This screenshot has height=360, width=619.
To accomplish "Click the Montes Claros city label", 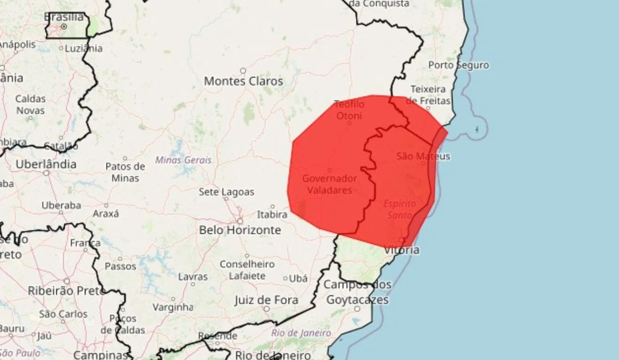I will pos(243,81).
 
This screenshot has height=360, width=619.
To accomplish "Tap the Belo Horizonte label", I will pos(240,230).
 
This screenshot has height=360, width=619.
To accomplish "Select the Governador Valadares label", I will pos(329,184).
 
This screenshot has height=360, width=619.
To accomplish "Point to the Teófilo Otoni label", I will pos(349,110).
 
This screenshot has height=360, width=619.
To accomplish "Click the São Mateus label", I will pos(423,156).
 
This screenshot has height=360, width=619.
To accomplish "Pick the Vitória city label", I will pos(402,250).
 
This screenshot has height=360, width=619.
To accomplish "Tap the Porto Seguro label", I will pos(458,65).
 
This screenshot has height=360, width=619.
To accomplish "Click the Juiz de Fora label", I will pos(266,300).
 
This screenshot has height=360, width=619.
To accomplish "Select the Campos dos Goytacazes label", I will pos(357,292).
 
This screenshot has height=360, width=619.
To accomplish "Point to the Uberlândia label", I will pos(46,164).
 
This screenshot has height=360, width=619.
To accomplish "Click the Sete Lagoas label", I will pos(226,192).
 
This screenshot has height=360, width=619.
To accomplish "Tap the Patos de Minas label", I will pos(125,172).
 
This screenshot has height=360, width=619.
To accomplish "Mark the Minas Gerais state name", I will pos(183,160).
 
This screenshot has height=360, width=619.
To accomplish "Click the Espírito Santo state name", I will pos(400,210).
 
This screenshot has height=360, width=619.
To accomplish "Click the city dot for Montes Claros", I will pos(243,71).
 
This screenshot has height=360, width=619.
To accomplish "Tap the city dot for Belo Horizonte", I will pos(240,221).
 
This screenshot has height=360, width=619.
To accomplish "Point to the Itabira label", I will pos(272,214).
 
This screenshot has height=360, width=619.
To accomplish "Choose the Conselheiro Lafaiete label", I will pos(247,270).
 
